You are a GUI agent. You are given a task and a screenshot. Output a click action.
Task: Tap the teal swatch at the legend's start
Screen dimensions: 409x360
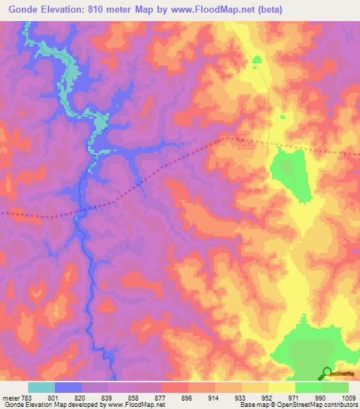click(x=41, y=387)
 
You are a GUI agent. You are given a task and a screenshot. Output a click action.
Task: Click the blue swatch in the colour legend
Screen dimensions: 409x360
click(x=67, y=387)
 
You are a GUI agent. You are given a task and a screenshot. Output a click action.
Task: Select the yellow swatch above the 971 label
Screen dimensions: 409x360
click(x=282, y=387)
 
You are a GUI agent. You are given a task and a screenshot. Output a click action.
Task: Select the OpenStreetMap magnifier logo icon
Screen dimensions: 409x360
click(x=327, y=373)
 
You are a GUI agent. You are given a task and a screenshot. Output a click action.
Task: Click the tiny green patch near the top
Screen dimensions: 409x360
click(x=257, y=60)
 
